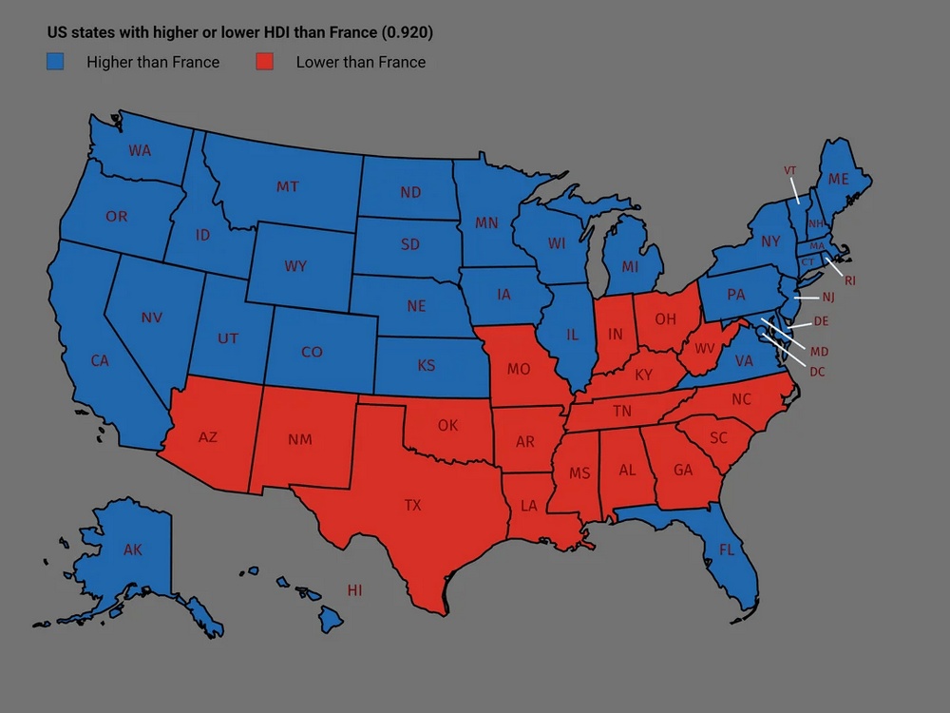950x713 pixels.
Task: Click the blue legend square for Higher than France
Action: pyautogui.click(x=56, y=63)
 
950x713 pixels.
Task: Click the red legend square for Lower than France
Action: pyautogui.click(x=265, y=63)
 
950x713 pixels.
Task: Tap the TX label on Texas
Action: pyautogui.click(x=412, y=506)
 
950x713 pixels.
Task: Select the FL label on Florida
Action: pyautogui.click(x=727, y=549)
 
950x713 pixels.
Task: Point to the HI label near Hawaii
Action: pyautogui.click(x=354, y=590)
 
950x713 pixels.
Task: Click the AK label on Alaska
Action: pyautogui.click(x=133, y=549)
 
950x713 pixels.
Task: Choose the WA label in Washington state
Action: pyautogui.click(x=140, y=150)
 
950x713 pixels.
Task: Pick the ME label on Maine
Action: pyautogui.click(x=838, y=179)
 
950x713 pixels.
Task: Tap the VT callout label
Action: pyautogui.click(x=789, y=170)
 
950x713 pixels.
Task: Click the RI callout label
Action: pyautogui.click(x=849, y=280)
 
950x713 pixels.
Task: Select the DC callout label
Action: pyautogui.click(x=817, y=372)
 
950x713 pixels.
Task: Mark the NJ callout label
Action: pyautogui.click(x=828, y=298)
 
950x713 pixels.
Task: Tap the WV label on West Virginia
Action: pyautogui.click(x=705, y=349)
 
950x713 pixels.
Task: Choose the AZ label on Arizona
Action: pyautogui.click(x=207, y=437)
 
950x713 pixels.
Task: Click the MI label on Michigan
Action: pyautogui.click(x=630, y=267)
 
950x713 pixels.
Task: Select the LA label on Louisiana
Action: pyautogui.click(x=529, y=507)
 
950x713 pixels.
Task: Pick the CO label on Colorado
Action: pyautogui.click(x=312, y=352)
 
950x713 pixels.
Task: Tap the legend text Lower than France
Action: pyautogui.click(x=360, y=63)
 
